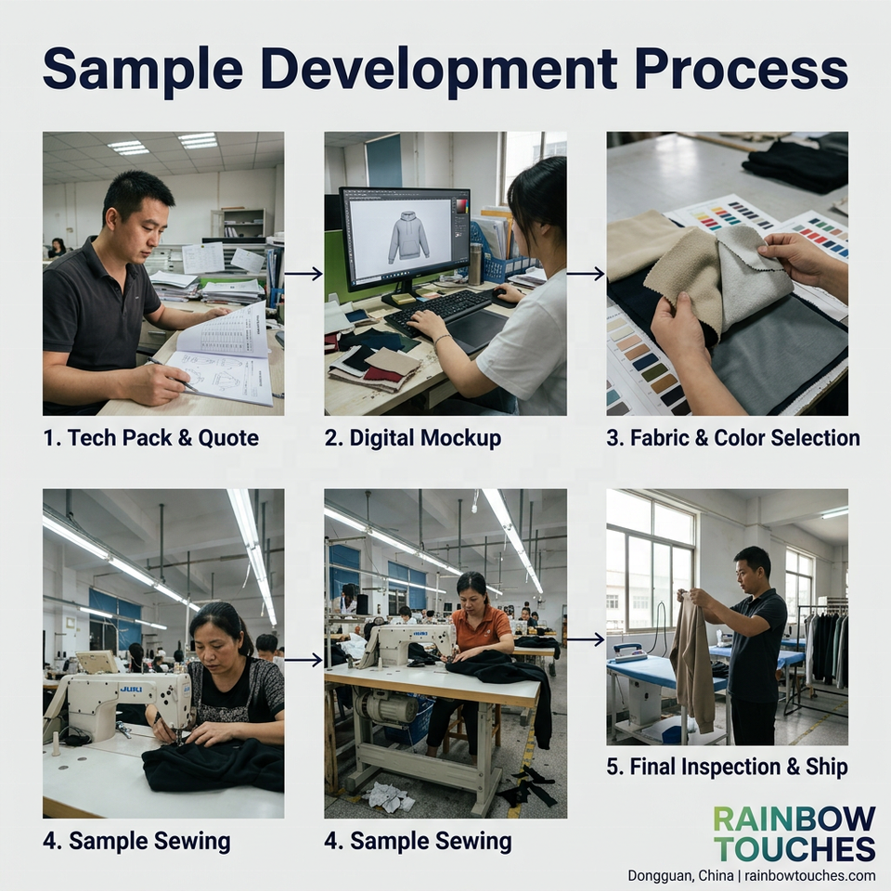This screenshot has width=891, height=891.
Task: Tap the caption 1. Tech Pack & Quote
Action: pyautogui.click(x=151, y=438)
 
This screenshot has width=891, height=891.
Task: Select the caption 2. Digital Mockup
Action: pyautogui.click(x=413, y=438)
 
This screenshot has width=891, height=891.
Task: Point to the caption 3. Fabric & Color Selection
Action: pyautogui.click(x=733, y=438)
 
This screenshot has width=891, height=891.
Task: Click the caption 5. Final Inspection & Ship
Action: pyautogui.click(x=727, y=767)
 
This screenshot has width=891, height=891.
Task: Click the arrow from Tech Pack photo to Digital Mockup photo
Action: pyautogui.click(x=304, y=274)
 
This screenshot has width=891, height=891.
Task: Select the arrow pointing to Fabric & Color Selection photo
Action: pyautogui.click(x=586, y=274)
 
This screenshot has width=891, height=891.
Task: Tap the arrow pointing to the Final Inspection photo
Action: pyautogui.click(x=586, y=640)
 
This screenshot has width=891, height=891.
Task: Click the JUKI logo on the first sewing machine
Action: pyautogui.click(x=131, y=690)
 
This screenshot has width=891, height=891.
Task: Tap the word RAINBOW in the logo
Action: pyautogui.click(x=794, y=820)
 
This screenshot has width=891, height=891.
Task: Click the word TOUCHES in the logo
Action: pyautogui.click(x=794, y=849)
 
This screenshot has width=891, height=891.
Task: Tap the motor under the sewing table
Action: pyautogui.click(x=385, y=708)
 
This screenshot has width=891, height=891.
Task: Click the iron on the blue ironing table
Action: pyautogui.click(x=631, y=651)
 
